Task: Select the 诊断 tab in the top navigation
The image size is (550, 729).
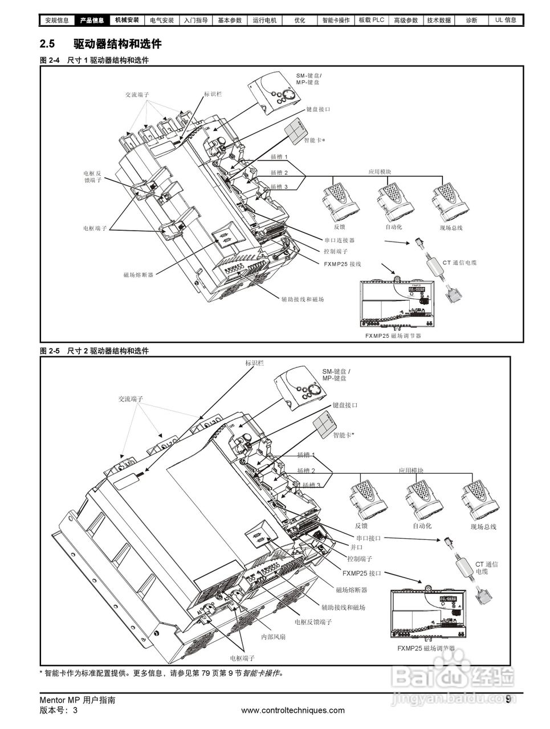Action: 471,21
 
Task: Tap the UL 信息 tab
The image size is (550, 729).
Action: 506,21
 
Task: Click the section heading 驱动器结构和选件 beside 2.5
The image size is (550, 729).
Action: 117,44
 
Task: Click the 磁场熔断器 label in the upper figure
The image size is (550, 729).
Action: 138,275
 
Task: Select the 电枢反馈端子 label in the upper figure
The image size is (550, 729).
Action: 92,177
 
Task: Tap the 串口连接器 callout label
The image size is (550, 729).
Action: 339,240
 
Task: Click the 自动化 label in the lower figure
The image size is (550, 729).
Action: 422,526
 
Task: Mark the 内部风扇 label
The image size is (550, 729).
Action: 273,636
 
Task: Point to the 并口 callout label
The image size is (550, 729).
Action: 356,547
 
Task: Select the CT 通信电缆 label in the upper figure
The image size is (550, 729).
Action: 459,263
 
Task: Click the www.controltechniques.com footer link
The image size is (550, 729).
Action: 293,710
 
